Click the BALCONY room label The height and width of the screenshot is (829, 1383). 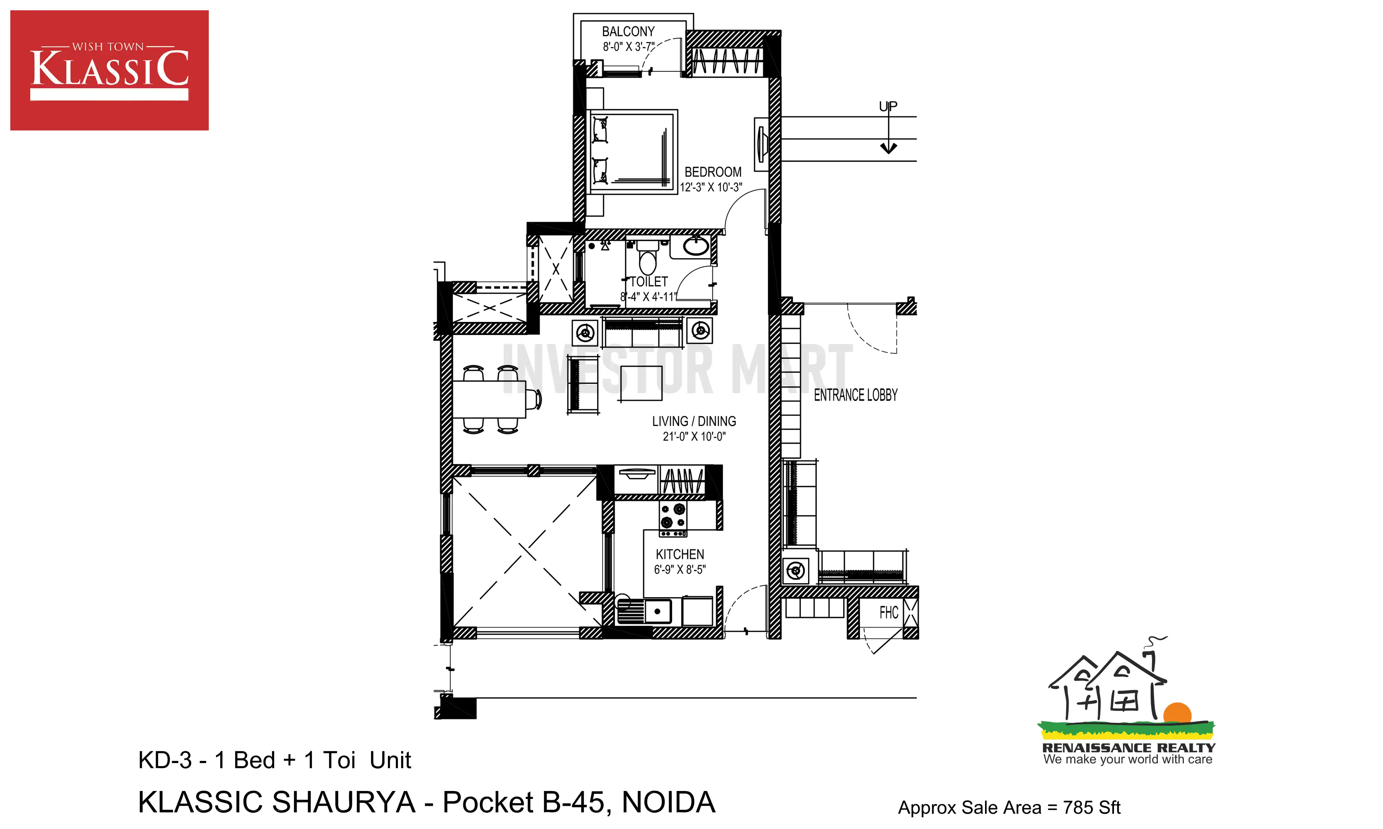point(628,32)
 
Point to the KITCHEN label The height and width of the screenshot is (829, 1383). point(680,555)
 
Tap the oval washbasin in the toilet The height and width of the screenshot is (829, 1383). point(696,246)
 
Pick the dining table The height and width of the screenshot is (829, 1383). point(490,399)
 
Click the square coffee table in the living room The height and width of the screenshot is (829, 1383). point(641,383)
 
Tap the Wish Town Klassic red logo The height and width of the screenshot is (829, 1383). point(110,70)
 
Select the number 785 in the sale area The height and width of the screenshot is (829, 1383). point(1078,808)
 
